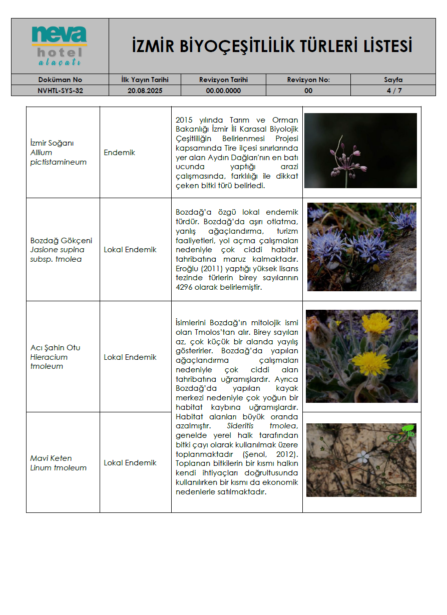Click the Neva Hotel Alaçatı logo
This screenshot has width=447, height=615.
[x=60, y=46]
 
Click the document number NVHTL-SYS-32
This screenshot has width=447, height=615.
[x=60, y=91]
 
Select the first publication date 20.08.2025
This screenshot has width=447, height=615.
[x=145, y=91]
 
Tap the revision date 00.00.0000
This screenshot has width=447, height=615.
[x=223, y=91]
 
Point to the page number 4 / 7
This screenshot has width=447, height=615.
[x=393, y=91]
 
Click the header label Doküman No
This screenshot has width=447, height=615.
[x=60, y=80]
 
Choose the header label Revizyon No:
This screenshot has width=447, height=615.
[x=308, y=80]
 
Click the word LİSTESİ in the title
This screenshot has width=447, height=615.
[x=384, y=47]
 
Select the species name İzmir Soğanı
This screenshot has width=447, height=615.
[x=52, y=143]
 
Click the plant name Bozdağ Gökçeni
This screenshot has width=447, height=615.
[x=61, y=240]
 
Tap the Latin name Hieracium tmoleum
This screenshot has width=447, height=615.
[x=49, y=362]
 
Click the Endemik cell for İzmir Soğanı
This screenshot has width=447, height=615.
[x=119, y=153]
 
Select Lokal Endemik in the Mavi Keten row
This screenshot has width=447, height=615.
[x=130, y=463]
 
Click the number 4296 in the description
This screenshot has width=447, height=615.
[x=186, y=288]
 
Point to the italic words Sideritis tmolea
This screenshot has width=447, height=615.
[x=262, y=426]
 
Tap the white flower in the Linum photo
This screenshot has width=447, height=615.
[x=363, y=456]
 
